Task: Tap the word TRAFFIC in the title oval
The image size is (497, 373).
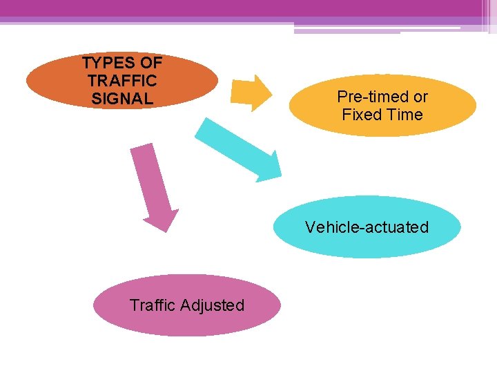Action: click(122, 81)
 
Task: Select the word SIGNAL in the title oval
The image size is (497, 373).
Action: click(122, 99)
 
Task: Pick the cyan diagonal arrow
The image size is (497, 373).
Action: click(239, 149)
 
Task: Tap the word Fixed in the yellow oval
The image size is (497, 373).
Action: click(361, 115)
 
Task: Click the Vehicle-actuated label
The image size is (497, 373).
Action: click(367, 227)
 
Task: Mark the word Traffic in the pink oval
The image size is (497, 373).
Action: click(152, 305)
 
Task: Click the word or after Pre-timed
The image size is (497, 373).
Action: click(420, 97)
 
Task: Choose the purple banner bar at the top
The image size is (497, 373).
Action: click(248, 8)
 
